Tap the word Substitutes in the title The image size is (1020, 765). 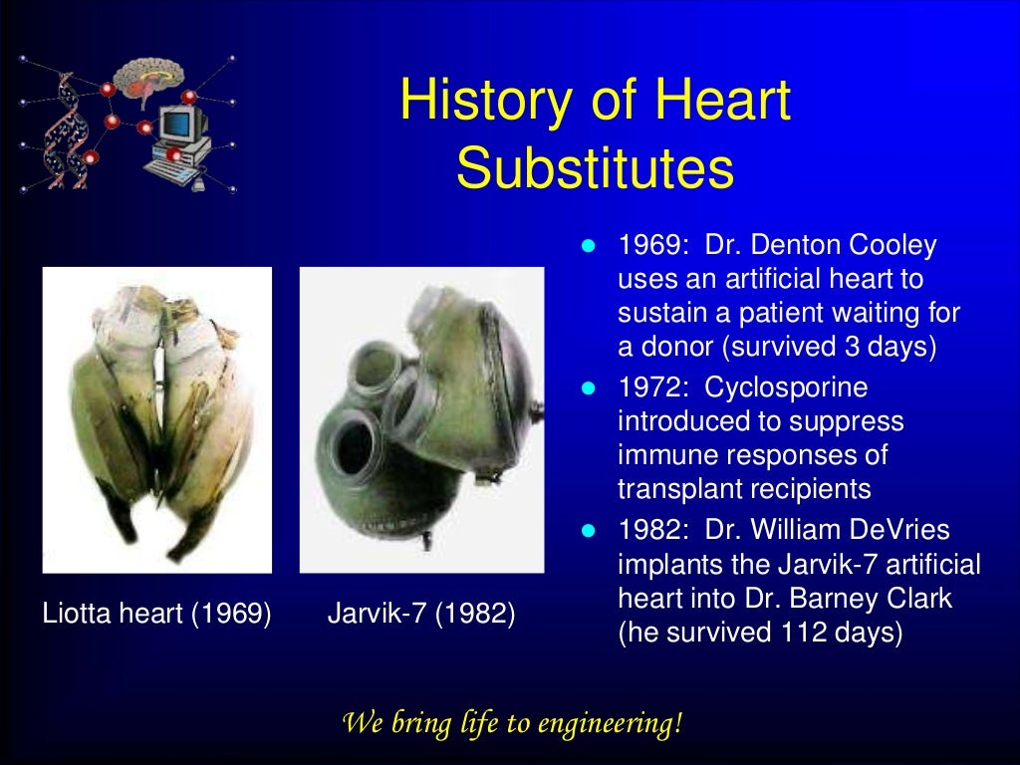pyautogui.click(x=595, y=168)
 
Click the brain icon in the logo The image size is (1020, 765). pyautogui.click(x=149, y=81)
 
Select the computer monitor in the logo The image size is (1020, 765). pyautogui.click(x=184, y=125)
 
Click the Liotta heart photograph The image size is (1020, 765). pyautogui.click(x=156, y=419)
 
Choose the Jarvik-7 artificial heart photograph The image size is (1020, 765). pyautogui.click(x=421, y=419)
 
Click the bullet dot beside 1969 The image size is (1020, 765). pyautogui.click(x=588, y=246)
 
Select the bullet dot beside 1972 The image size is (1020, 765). pyautogui.click(x=588, y=386)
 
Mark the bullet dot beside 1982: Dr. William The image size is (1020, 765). pyautogui.click(x=588, y=530)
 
